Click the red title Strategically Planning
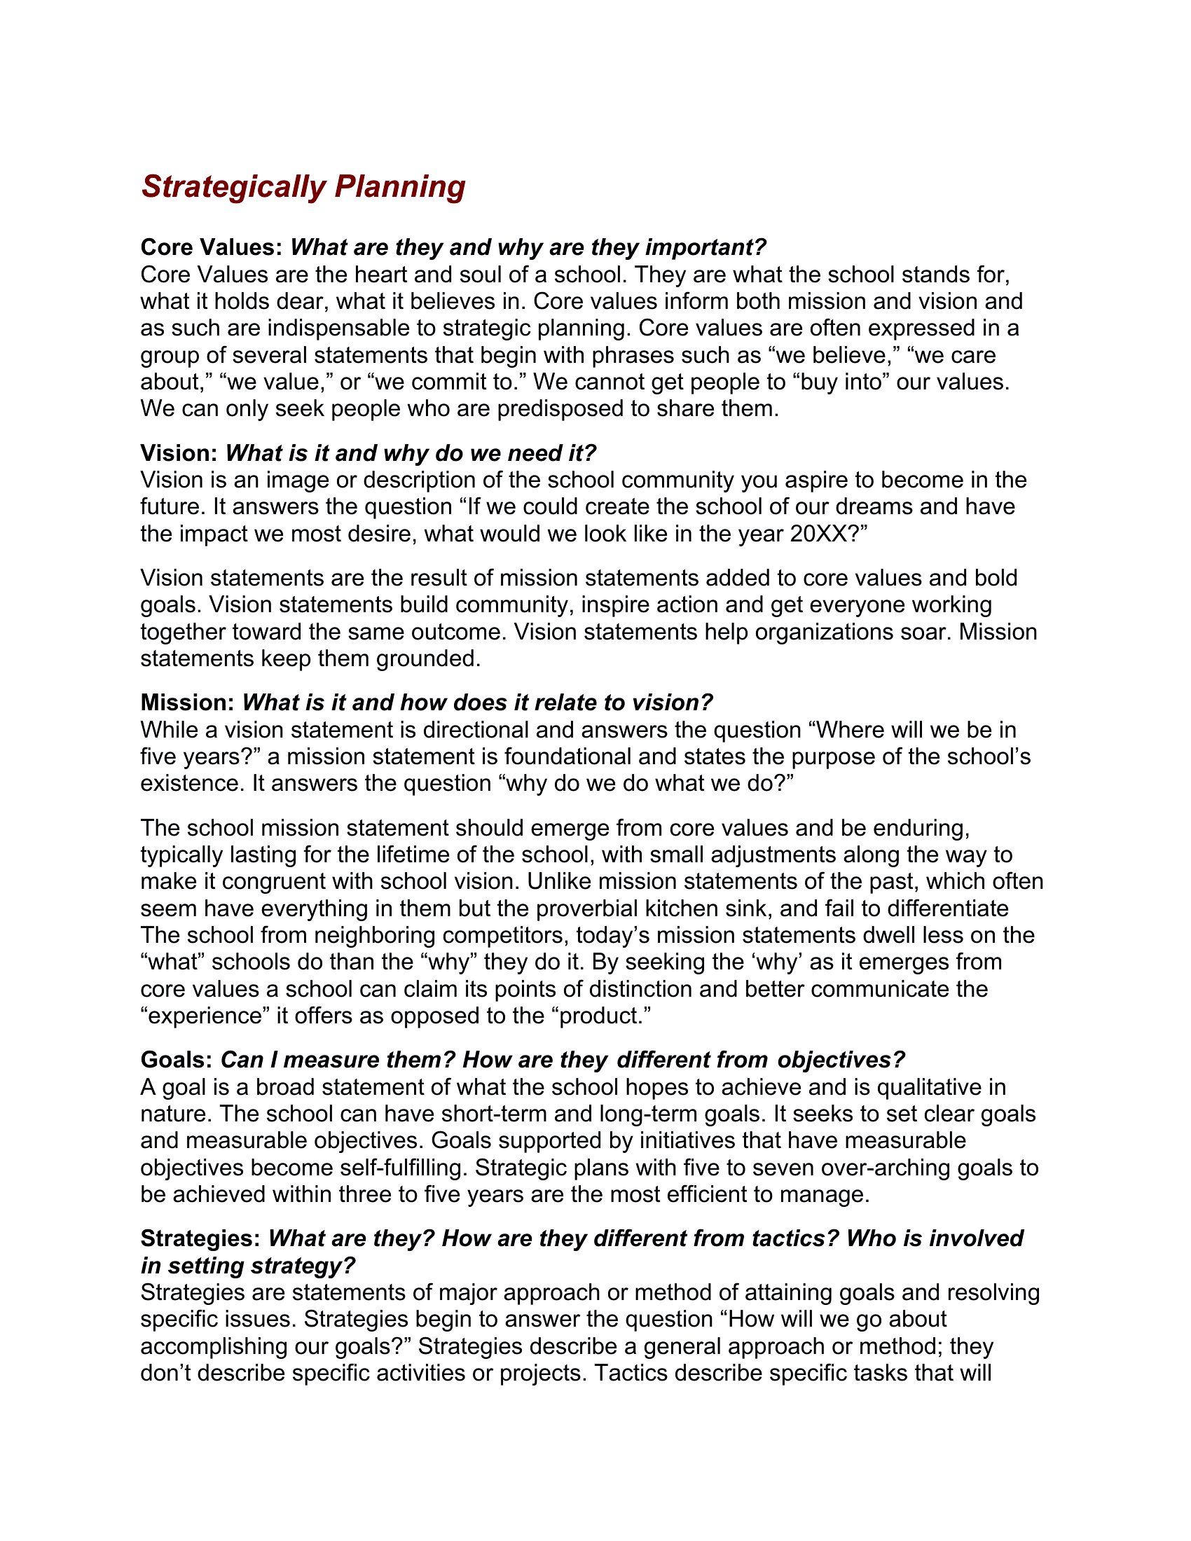303,187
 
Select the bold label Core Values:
212,248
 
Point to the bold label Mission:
187,703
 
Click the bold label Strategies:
201,1238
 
